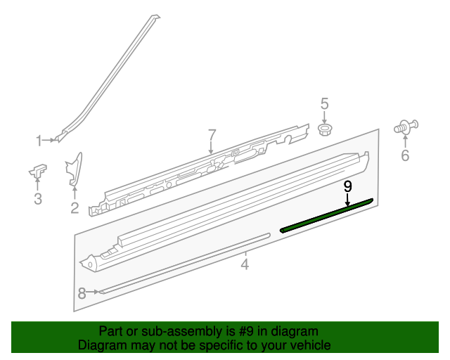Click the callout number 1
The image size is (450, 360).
pyautogui.click(x=39, y=141)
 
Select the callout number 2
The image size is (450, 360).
pyautogui.click(x=75, y=207)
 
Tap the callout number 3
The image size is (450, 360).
pyautogui.click(x=38, y=200)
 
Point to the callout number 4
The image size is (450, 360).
pyautogui.click(x=245, y=264)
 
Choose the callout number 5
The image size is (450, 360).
pyautogui.click(x=325, y=104)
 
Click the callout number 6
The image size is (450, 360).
pyautogui.click(x=405, y=155)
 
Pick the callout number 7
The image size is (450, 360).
pyautogui.click(x=211, y=134)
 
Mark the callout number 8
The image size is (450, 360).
pyautogui.click(x=82, y=293)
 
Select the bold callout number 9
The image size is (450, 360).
pyautogui.click(x=347, y=186)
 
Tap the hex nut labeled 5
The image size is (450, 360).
pyautogui.click(x=326, y=129)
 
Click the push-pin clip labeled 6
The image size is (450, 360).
pyautogui.click(x=406, y=128)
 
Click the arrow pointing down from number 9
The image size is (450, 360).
pyautogui.click(x=347, y=200)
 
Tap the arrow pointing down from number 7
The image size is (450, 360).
pyautogui.click(x=211, y=148)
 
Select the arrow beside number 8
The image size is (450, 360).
pyautogui.click(x=94, y=292)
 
